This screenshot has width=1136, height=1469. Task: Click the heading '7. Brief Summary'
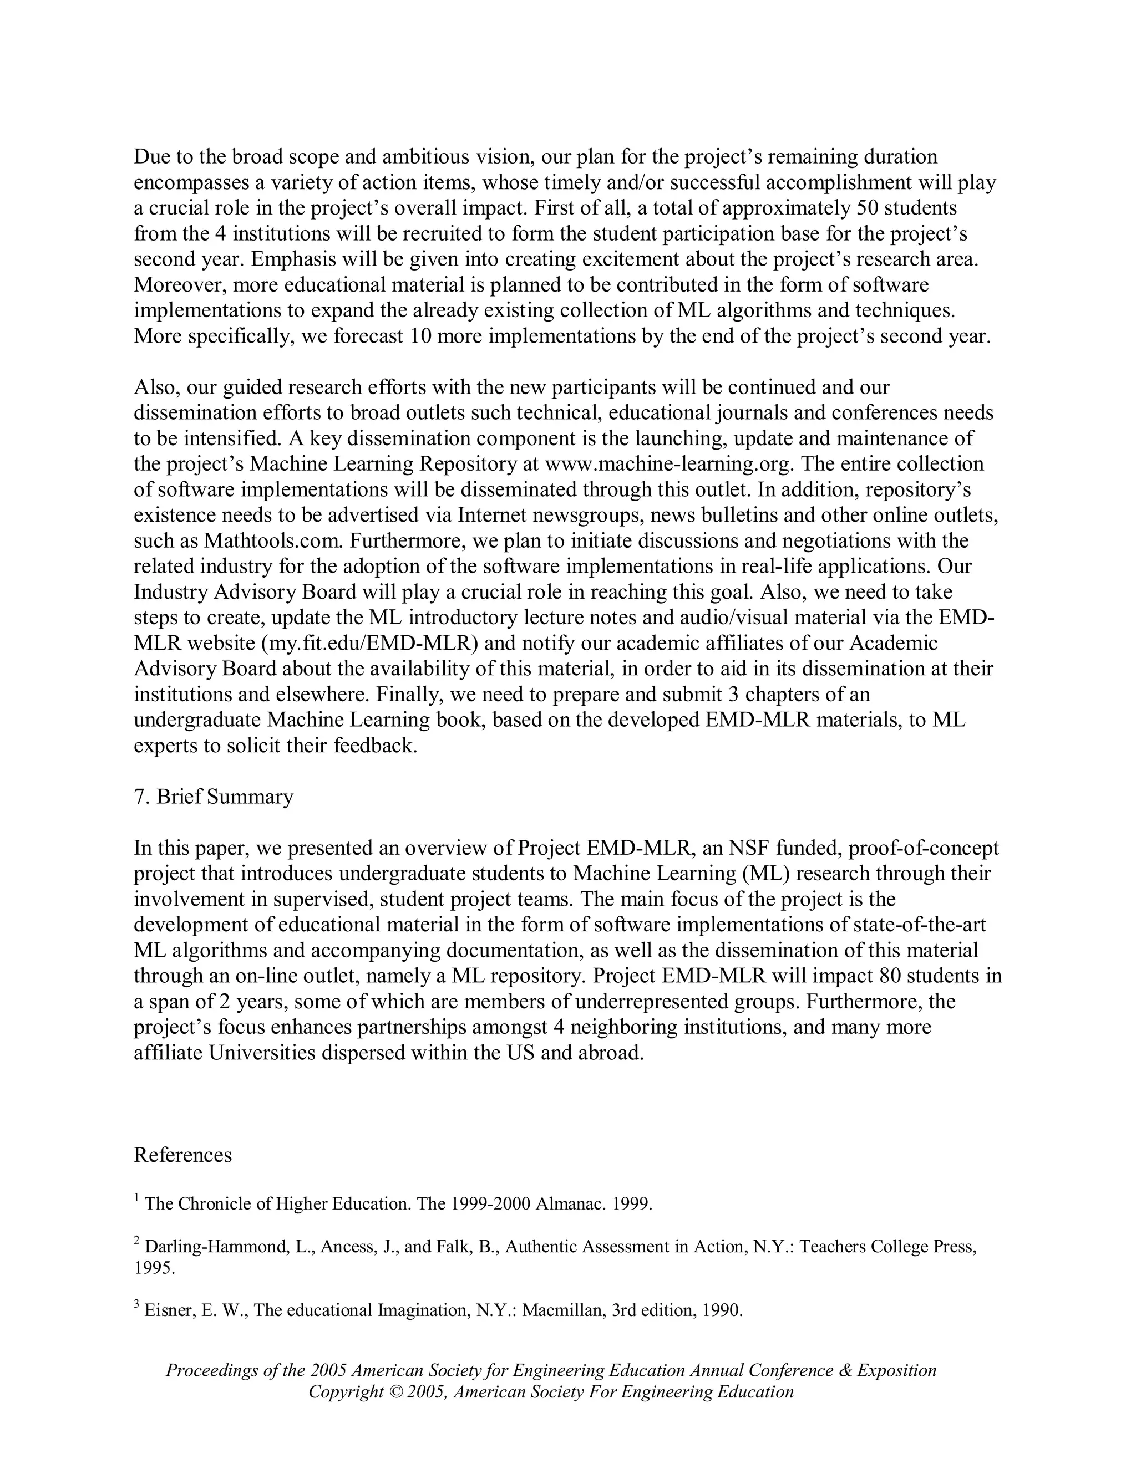pyautogui.click(x=214, y=797)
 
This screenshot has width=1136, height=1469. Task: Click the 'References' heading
pyautogui.click(x=182, y=1155)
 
